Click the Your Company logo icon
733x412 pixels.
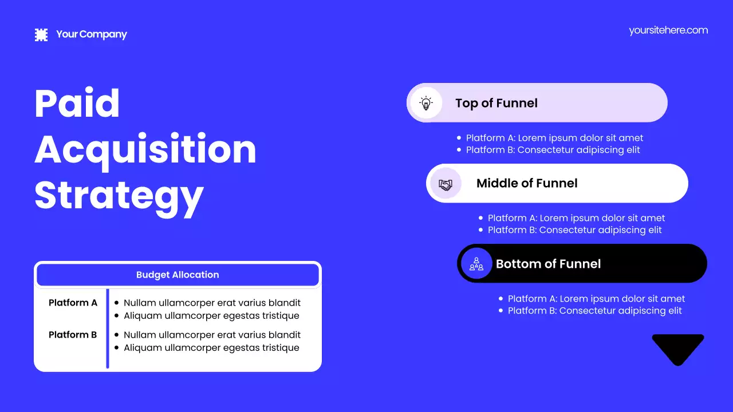[41, 35]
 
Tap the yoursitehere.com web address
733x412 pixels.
[668, 30]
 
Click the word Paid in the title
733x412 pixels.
[77, 104]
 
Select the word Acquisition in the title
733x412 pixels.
[145, 149]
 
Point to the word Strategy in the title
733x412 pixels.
[119, 196]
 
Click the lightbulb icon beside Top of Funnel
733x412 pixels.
[426, 103]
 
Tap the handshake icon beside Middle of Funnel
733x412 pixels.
[446, 184]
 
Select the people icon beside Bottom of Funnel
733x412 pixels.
[476, 264]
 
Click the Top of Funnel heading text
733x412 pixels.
[496, 103]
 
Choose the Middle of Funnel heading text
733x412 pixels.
[527, 183]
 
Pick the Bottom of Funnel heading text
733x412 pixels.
[548, 264]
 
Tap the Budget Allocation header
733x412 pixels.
[178, 275]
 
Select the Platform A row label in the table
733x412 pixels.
[73, 303]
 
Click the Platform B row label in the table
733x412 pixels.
[73, 335]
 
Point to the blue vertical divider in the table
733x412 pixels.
[108, 328]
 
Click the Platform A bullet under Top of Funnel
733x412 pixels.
[554, 138]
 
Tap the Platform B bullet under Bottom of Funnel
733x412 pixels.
[594, 311]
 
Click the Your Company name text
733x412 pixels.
[92, 34]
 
